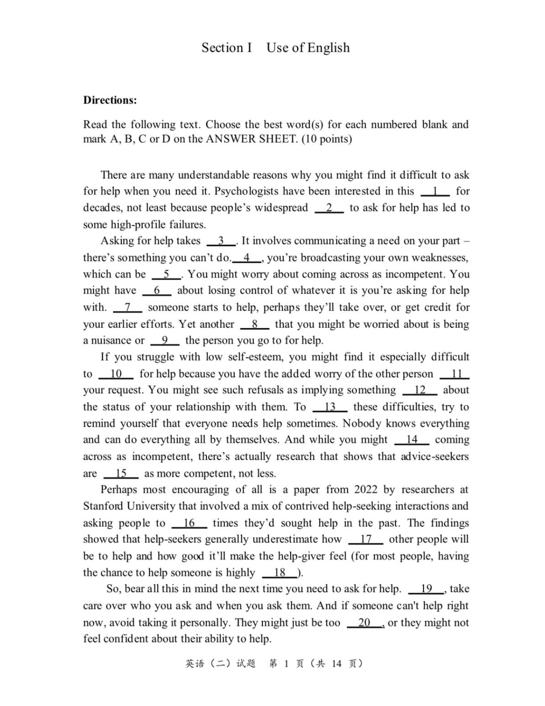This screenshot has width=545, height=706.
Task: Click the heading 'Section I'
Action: click(x=227, y=47)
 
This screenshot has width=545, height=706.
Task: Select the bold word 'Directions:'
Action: click(x=110, y=100)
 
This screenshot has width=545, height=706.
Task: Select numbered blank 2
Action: click(x=329, y=208)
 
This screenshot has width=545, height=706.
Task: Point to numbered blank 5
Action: click(x=166, y=274)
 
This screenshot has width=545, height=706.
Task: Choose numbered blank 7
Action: click(x=127, y=307)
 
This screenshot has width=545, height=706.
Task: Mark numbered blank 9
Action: click(x=165, y=341)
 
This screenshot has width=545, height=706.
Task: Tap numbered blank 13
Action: click(x=330, y=406)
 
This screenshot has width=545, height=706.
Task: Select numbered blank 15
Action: click(x=121, y=473)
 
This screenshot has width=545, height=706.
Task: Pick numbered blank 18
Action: click(x=280, y=573)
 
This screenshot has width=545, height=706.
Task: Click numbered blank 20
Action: click(x=364, y=623)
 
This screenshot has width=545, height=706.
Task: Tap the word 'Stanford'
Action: click(x=103, y=506)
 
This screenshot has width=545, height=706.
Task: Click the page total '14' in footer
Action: click(x=336, y=664)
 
